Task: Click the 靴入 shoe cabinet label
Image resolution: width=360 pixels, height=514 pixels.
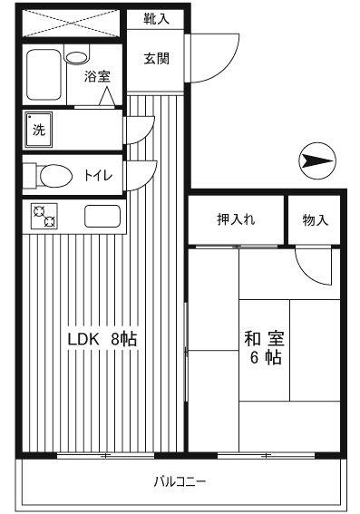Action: (156, 19)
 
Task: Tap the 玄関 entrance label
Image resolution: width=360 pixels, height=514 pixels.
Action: (156, 59)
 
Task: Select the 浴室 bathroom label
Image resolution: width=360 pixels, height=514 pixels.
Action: (97, 76)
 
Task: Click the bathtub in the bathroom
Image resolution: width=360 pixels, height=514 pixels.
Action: (44, 74)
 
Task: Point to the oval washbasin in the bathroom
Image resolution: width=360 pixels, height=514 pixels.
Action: (77, 57)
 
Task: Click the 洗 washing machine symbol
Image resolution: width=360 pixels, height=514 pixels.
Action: (39, 131)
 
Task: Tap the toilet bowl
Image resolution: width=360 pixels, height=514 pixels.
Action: (55, 176)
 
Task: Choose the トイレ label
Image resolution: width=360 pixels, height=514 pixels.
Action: (98, 176)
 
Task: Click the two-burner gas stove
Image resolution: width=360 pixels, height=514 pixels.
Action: (44, 216)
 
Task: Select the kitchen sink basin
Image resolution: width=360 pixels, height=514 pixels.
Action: (102, 216)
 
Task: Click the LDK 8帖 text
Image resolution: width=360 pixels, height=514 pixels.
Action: (102, 339)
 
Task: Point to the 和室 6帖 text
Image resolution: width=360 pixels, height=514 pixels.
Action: (264, 348)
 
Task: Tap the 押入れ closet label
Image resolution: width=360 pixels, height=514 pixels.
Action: (236, 219)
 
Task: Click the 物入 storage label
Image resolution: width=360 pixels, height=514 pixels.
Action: (315, 219)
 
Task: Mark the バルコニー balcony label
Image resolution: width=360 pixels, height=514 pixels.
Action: (180, 481)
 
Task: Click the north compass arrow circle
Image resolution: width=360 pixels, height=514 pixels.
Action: (317, 160)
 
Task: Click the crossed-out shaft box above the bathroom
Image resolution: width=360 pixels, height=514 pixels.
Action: (72, 23)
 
